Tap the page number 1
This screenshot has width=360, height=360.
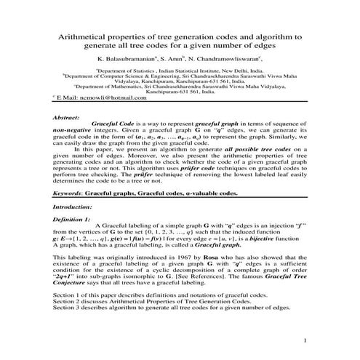(x=307, y=340)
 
